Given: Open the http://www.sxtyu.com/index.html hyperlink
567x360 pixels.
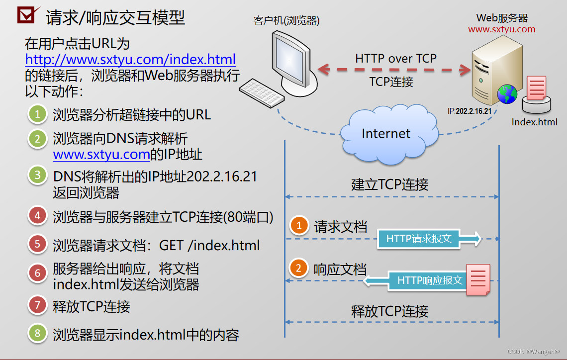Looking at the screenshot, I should [130, 60].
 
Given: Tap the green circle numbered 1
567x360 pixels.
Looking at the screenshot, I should [38, 114].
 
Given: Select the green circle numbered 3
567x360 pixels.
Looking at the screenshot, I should [38, 176].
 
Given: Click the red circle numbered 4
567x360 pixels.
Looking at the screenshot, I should [38, 216].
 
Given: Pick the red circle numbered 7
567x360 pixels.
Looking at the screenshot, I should [38, 305].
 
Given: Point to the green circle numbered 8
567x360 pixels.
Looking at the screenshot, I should [38, 333].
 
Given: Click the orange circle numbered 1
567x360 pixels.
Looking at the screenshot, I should [299, 226].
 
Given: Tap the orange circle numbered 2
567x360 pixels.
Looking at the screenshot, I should [299, 269].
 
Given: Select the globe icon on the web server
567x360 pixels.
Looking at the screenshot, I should [507, 94].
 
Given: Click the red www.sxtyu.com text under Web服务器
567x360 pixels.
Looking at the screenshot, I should [502, 29].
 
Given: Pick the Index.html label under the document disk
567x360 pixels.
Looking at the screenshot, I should [535, 122].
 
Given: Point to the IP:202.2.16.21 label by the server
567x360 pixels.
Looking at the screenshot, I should [470, 111].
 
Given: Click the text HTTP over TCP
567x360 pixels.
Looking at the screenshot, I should [396, 58].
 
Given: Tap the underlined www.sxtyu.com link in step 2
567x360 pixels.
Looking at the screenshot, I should [101, 154].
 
